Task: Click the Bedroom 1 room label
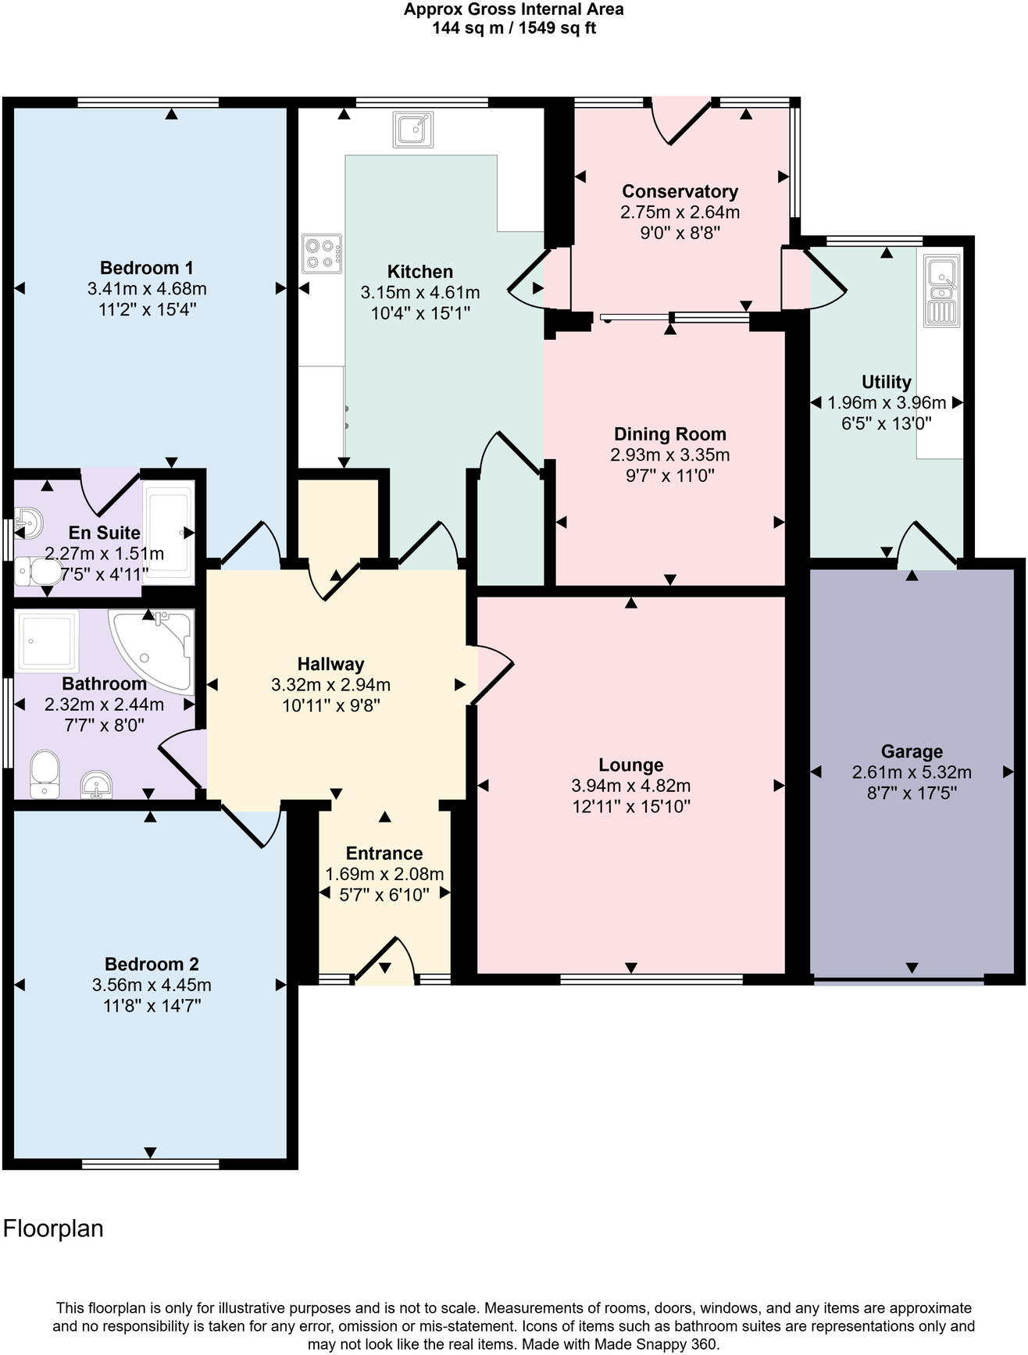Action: [x=147, y=269]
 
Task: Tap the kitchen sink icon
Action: [x=413, y=130]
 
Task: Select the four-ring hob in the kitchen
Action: [x=322, y=254]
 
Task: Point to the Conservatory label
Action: [x=680, y=191]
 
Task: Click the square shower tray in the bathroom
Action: [x=47, y=641]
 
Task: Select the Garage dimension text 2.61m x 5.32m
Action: [x=912, y=772]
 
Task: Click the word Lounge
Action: [x=631, y=765]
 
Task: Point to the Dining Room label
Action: [x=669, y=434]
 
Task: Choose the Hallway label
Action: [x=330, y=664]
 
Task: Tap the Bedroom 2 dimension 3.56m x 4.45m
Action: [x=152, y=985]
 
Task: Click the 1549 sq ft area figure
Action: [x=558, y=28]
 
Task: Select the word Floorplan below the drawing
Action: [x=53, y=1228]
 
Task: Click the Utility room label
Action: [x=886, y=382]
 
